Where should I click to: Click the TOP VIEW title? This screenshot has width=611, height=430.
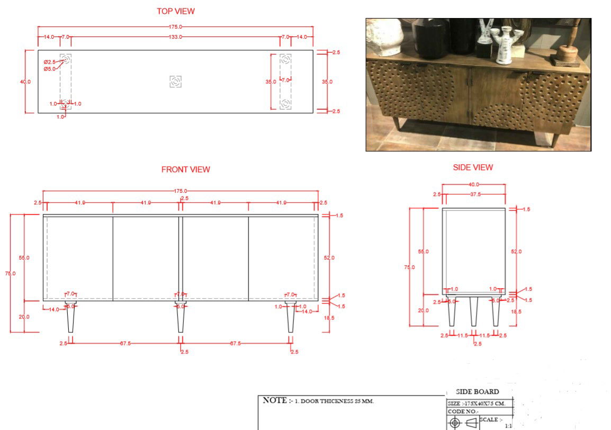click(x=176, y=11)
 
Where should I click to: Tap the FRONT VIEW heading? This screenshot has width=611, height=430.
click(x=185, y=169)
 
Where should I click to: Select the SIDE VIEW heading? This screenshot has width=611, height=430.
click(x=473, y=167)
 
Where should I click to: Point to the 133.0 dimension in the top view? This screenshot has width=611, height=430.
click(x=176, y=37)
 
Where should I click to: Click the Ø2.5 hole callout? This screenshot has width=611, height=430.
click(x=50, y=62)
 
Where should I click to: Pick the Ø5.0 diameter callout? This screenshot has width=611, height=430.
click(x=50, y=69)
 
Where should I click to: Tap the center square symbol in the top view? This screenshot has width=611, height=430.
click(x=176, y=82)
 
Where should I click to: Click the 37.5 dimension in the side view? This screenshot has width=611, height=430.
click(x=475, y=195)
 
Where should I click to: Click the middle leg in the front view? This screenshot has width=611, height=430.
click(x=181, y=318)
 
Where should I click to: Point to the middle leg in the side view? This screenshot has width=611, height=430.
click(x=473, y=311)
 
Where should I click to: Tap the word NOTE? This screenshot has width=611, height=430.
click(x=275, y=400)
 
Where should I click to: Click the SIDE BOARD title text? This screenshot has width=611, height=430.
click(x=477, y=392)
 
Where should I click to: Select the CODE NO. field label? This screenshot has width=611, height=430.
click(x=463, y=411)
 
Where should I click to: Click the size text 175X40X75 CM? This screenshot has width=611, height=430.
click(x=484, y=404)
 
